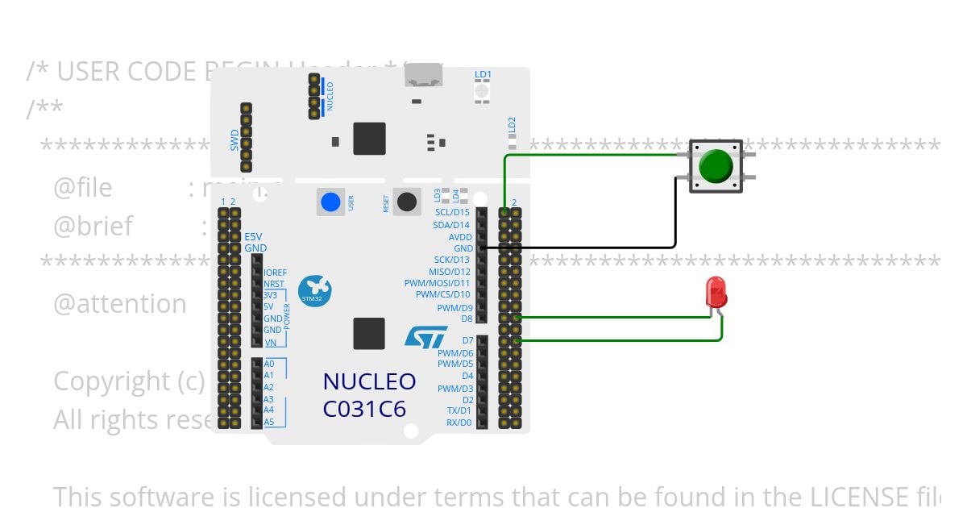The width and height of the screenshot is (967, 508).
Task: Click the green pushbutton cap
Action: coord(716,165)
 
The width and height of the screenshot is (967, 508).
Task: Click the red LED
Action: coord(715,292)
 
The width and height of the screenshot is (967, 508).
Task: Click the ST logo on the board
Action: coord(425,336)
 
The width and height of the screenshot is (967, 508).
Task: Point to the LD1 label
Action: coord(483,74)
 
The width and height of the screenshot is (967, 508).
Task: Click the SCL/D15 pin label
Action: coord(451,213)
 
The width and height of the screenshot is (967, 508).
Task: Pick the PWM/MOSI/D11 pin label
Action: coord(438,283)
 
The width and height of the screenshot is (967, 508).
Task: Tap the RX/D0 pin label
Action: coord(459,423)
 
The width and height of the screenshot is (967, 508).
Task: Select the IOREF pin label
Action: coord(275,273)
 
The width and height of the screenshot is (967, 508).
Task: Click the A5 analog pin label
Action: coord(269,422)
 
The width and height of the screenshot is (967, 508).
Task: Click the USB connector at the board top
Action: coord(423,77)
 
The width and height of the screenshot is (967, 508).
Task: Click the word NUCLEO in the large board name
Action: coord(369,381)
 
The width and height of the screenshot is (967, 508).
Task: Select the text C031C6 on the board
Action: coord(364,410)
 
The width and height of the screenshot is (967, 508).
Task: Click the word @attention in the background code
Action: coord(120,304)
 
